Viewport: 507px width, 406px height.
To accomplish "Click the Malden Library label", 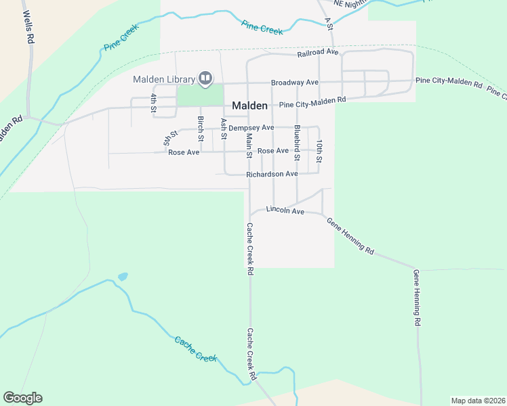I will (163, 79).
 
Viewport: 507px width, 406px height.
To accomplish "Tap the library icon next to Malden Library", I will (204, 79).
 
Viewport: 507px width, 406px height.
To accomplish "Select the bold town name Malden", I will (250, 106).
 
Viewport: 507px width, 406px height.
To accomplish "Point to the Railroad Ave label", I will (317, 52).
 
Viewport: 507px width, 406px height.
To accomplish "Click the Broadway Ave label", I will (294, 83).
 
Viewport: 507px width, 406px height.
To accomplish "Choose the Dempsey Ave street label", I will (251, 127).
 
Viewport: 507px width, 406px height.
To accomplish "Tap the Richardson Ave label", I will (272, 174).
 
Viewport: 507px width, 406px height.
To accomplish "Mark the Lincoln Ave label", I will (285, 210).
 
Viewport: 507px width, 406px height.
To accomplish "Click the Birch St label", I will (201, 129).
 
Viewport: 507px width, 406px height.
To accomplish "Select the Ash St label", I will (223, 125).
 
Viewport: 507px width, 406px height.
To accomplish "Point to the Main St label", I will (249, 145).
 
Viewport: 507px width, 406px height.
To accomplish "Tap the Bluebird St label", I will (297, 142).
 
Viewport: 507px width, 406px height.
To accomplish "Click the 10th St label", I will (319, 151).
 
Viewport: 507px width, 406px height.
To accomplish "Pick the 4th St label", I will (155, 103).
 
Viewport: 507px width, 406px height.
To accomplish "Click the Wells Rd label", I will (27, 26).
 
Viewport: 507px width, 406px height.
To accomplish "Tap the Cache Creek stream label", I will (195, 348).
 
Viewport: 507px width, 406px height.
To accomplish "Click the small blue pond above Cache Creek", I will (123, 277).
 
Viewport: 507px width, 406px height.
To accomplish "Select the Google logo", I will (22, 398).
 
